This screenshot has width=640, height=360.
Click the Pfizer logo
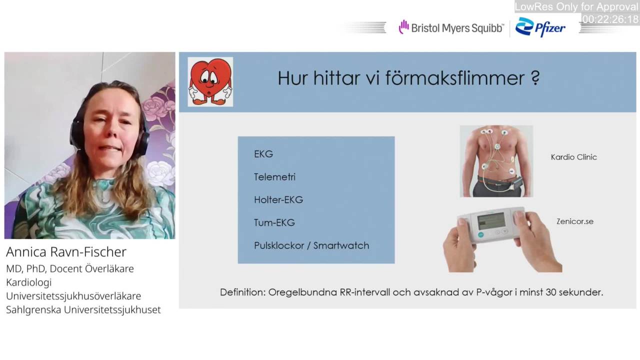point(540,27)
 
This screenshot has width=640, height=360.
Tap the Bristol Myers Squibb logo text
point(457,28)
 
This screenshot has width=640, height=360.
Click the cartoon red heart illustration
point(210,81)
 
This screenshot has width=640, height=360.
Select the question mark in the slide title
point(535,77)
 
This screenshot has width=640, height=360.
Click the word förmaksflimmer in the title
point(455,77)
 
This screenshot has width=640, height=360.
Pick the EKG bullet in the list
point(263,154)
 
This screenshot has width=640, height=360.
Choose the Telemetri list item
point(274,177)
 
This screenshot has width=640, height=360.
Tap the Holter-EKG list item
point(278,199)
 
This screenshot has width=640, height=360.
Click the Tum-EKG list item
point(274,222)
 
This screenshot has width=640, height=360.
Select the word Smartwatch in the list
point(341,245)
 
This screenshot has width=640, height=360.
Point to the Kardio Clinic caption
point(573,157)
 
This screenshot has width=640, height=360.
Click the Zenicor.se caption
point(575,221)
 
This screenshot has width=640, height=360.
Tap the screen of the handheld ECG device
point(491,220)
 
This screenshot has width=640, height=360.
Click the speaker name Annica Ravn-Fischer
point(66,252)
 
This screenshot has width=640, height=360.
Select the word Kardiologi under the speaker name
point(29,282)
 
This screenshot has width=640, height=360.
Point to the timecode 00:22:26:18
point(610,19)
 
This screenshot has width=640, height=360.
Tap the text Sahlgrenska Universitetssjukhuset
point(83,309)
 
